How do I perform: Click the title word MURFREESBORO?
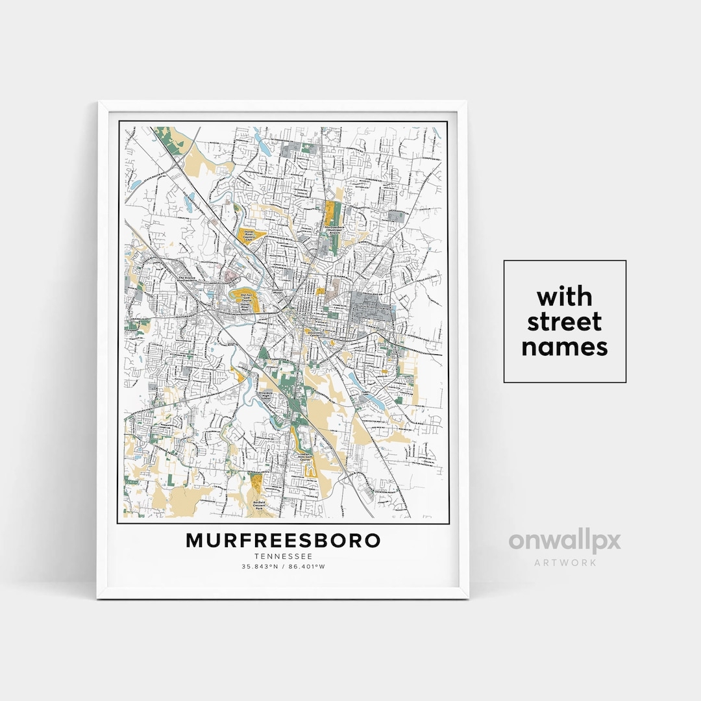tap(283, 540)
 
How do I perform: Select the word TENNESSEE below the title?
tap(283, 556)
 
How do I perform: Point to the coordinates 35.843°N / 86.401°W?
tap(283, 567)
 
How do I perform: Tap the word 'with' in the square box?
tap(564, 297)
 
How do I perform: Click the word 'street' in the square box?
tap(564, 322)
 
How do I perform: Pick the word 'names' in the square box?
tap(564, 347)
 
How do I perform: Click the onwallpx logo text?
tap(564, 541)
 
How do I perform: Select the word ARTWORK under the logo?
tap(565, 563)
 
